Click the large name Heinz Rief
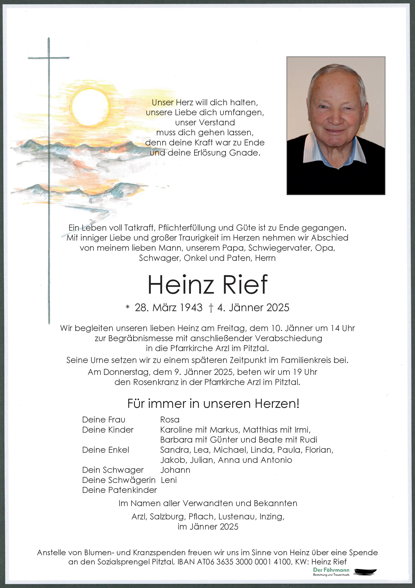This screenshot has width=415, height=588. coord(207,285)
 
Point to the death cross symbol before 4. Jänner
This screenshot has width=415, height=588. coord(211,308)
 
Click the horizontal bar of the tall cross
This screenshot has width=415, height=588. coord(49,58)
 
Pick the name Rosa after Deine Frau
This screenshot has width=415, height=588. coord(170,420)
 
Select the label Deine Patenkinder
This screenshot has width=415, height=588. coord(119,490)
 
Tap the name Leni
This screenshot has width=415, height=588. coord(169,480)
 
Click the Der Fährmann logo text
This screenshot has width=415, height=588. coord(331,570)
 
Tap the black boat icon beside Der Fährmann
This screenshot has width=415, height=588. coord(365,571)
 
